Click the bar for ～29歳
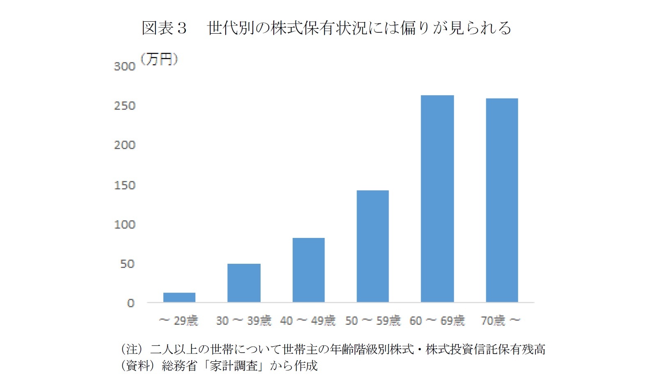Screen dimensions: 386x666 (179, 297)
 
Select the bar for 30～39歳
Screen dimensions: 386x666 (244, 283)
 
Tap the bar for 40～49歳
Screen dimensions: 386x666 (309, 270)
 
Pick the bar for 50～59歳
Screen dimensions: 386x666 (373, 246)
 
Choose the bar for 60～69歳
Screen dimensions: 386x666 (437, 199)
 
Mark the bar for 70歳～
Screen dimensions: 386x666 (502, 200)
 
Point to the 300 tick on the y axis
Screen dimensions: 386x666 (124, 66)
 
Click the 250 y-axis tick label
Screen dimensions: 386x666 (124, 106)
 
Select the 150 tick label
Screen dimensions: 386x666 (124, 185)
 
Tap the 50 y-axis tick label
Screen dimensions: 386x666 (127, 264)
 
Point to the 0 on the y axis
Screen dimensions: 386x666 (130, 303)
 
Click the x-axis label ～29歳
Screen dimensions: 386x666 (179, 320)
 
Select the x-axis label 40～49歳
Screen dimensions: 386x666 (308, 320)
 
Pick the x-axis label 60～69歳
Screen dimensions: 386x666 (437, 320)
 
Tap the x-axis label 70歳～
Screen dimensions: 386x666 (500, 320)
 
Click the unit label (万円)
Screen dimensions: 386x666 (159, 59)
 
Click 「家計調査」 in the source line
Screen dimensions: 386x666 (234, 365)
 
